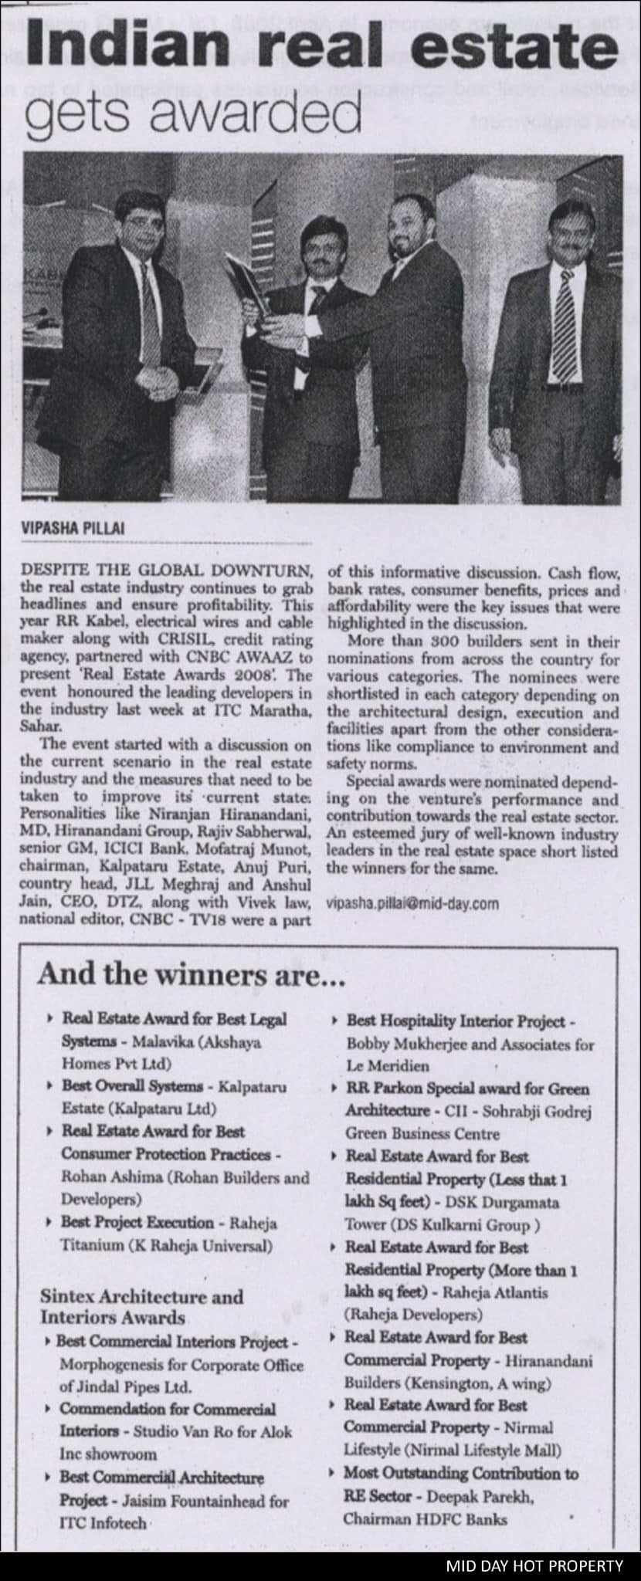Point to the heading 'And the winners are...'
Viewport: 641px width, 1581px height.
(x=190, y=975)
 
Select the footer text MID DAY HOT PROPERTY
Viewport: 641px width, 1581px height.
(x=534, y=1566)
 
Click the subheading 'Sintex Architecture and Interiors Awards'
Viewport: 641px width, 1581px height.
(x=141, y=1307)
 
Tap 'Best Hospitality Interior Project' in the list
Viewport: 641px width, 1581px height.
(x=456, y=1021)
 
